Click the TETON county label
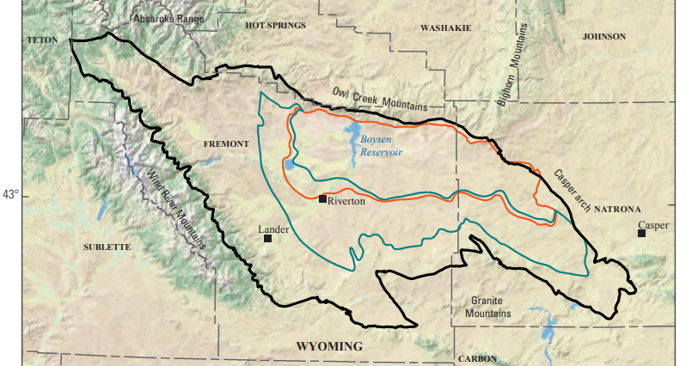42,40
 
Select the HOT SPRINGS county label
275,26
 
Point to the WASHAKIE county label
445,28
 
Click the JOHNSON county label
603,37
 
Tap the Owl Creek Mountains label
380,98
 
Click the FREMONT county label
226,143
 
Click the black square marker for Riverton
322,199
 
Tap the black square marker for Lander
268,238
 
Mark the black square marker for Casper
641,233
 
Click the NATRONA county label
617,209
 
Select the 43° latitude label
10,195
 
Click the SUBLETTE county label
107,247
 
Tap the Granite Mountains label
489,307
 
